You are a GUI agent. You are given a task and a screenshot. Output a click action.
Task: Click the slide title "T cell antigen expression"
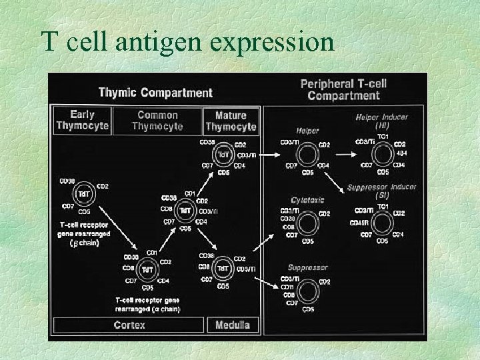coord(187,42)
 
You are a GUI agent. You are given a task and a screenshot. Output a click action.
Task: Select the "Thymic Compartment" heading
coord(155,93)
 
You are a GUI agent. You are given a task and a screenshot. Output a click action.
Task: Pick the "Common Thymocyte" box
coord(157,121)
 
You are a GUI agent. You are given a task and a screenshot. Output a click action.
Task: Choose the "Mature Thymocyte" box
coord(231,121)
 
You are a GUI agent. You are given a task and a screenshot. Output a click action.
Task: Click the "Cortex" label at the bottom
coord(129,325)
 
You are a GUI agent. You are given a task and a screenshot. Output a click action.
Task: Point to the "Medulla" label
coord(233,325)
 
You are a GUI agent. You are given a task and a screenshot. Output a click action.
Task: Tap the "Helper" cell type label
coord(308,131)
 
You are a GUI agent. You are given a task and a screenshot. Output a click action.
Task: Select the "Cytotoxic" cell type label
coord(307,199)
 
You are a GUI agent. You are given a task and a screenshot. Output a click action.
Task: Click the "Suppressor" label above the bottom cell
coord(307,267)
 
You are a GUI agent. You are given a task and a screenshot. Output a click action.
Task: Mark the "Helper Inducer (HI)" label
coord(383,121)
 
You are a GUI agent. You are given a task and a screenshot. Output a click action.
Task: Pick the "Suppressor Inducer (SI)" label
coord(382,191)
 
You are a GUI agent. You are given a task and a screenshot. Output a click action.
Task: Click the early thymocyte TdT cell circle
coord(85,194)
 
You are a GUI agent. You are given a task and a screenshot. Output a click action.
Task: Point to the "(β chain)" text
coord(84,243)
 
